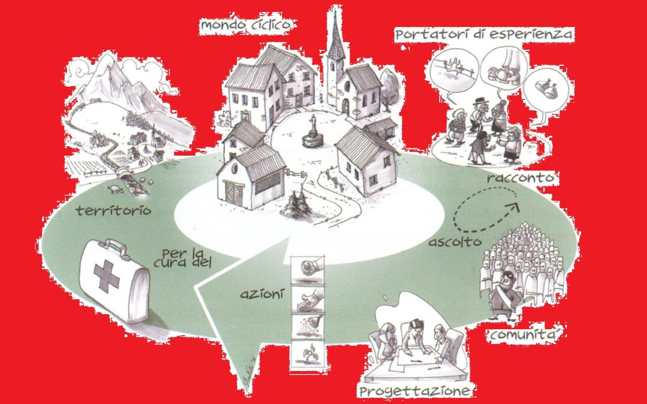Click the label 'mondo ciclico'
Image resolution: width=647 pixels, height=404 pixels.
point(246,25)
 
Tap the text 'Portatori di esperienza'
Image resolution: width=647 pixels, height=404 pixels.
point(484,34)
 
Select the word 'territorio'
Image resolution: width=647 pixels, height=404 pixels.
point(113,211)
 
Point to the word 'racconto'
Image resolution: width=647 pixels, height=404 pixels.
point(520,178)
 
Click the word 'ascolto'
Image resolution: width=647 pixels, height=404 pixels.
point(455,242)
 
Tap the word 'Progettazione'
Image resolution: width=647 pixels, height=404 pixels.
point(415,391)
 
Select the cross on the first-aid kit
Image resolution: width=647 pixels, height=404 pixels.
point(107,276)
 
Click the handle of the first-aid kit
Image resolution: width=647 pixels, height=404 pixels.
point(112,247)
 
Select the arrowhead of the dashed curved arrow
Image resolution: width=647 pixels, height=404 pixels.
point(514,207)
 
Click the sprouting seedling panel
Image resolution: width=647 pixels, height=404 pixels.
point(307,354)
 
